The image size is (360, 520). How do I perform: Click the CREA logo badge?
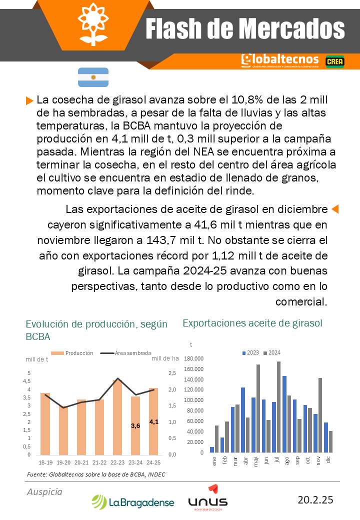(x=334, y=61)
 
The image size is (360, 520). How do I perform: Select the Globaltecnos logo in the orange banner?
(x=279, y=60)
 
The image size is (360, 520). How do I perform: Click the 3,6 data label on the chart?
(x=135, y=425)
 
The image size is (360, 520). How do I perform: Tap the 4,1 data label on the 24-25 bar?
(x=154, y=421)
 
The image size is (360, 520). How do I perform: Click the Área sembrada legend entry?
(x=132, y=353)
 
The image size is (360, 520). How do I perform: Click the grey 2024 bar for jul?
(x=278, y=407)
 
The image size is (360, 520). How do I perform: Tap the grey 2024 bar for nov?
(x=320, y=415)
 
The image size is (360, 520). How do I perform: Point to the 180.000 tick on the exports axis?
(x=194, y=358)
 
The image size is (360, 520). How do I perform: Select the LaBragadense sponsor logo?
(x=133, y=502)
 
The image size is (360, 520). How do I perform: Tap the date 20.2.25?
(x=315, y=499)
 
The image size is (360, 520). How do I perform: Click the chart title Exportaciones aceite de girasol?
(x=252, y=323)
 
